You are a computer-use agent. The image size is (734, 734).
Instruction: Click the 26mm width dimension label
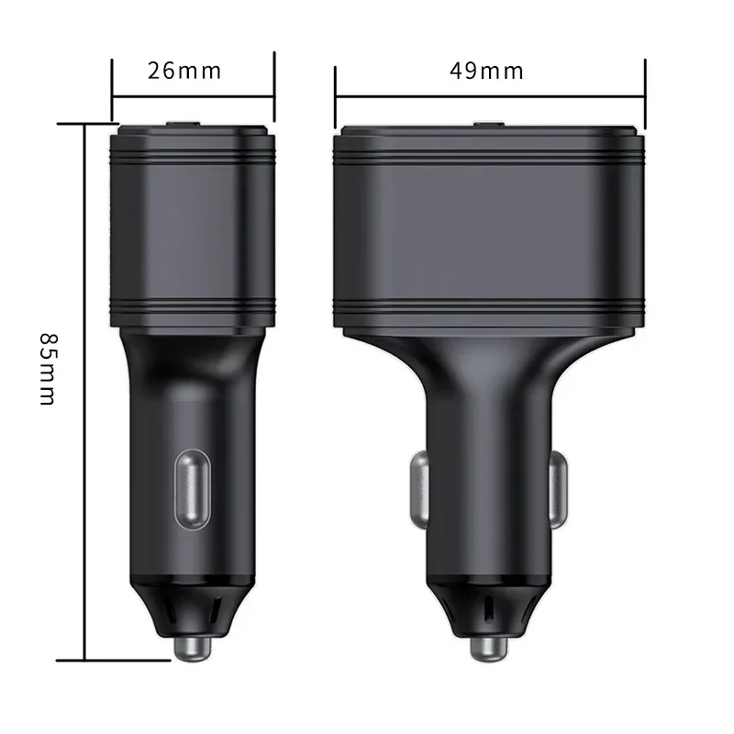pyautogui.click(x=184, y=71)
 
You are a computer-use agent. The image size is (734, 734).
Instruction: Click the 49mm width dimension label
pyautogui.click(x=486, y=71)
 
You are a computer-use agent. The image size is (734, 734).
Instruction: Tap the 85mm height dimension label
pyautogui.click(x=49, y=369)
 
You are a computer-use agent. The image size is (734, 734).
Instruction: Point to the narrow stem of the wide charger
pyautogui.click(x=489, y=440)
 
